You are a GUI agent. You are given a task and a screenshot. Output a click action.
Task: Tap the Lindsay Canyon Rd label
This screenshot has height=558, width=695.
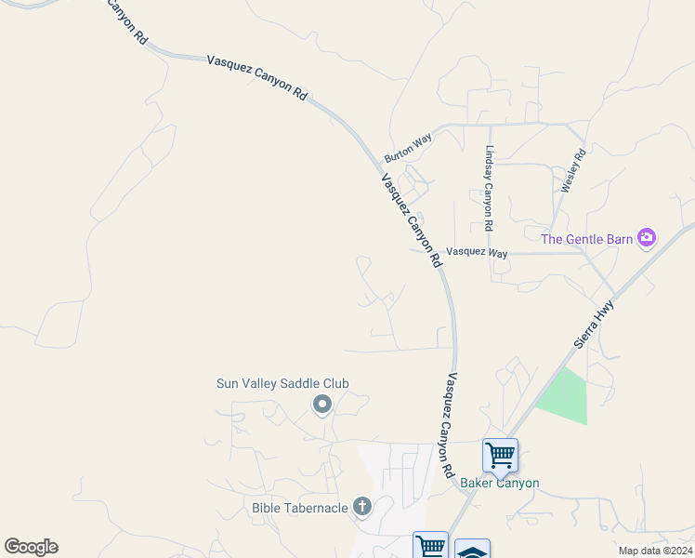pyautogui.click(x=488, y=189)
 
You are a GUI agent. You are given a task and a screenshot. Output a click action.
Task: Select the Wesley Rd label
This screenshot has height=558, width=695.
pyautogui.click(x=573, y=171)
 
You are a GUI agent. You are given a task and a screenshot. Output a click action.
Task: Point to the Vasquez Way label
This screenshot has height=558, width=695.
pyautogui.click(x=477, y=252)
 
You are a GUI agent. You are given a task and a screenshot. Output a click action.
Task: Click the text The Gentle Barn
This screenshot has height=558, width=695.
pyautogui.click(x=587, y=239)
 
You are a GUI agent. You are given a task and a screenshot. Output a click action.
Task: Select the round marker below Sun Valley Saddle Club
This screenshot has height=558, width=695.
pyautogui.click(x=322, y=405)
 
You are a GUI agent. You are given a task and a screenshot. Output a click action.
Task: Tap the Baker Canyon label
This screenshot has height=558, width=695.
pyautogui.click(x=500, y=483)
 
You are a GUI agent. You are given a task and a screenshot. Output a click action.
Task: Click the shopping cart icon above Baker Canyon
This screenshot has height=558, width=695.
pyautogui.click(x=500, y=456)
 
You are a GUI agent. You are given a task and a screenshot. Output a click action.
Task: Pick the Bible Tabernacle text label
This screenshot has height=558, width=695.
pyautogui.click(x=299, y=508)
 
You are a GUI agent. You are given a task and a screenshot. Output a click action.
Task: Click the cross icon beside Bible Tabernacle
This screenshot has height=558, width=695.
pyautogui.click(x=361, y=507)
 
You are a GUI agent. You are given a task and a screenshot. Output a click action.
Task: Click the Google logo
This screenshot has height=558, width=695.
pyautogui.click(x=31, y=547)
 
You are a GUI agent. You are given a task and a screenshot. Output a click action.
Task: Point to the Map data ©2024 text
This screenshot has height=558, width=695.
pyautogui.click(x=655, y=551)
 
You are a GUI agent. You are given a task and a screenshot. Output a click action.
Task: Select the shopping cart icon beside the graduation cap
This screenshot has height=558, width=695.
pyautogui.click(x=431, y=546)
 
